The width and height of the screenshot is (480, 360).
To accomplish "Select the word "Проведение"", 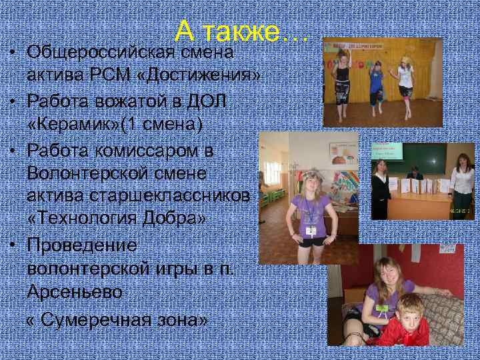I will pyautogui.click(x=83, y=245).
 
